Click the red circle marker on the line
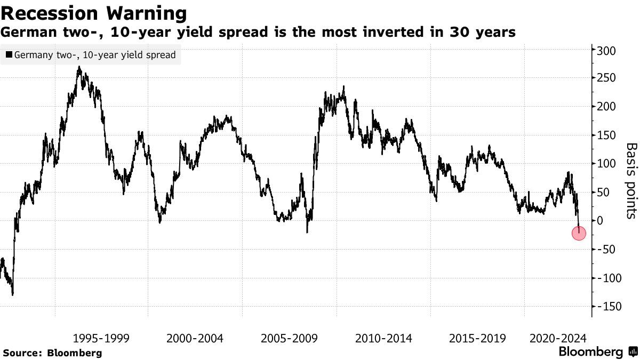[579, 233]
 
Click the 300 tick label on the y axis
[606, 51]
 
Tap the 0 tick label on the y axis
[600, 220]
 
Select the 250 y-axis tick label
[606, 78]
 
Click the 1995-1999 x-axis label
[101, 338]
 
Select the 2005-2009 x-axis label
[289, 338]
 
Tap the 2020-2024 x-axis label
[558, 338]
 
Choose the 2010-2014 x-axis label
[383, 338]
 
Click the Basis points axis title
[630, 180]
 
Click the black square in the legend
[9, 55]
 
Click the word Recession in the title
[49, 13]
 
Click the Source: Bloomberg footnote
[52, 353]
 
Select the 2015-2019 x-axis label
[477, 338]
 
